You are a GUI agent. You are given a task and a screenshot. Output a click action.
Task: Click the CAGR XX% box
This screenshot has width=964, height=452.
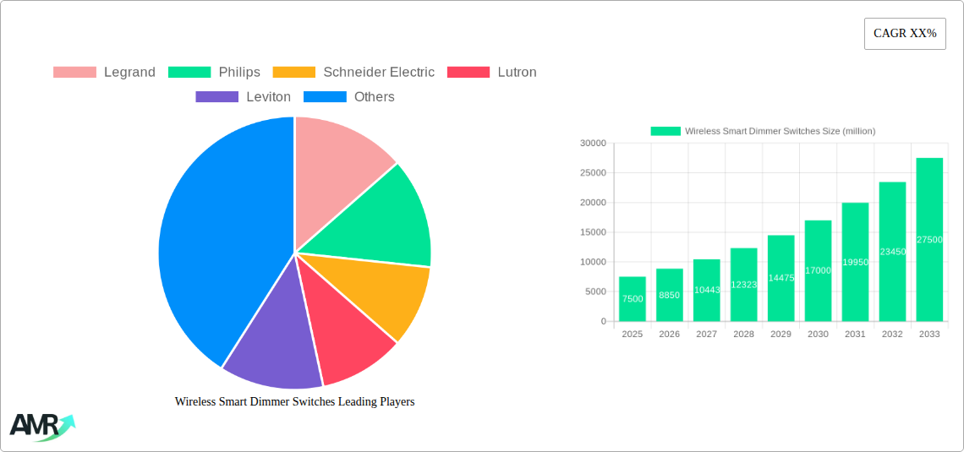click(905, 34)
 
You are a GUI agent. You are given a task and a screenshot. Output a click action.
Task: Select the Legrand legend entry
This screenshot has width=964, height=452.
click(105, 73)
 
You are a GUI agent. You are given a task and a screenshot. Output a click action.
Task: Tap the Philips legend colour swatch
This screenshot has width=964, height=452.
click(189, 73)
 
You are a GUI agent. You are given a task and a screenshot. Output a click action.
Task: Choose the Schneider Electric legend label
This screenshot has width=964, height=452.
click(378, 73)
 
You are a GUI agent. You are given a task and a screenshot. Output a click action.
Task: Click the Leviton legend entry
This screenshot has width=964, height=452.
click(244, 97)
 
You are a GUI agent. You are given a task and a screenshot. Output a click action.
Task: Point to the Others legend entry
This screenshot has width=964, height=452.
click(349, 97)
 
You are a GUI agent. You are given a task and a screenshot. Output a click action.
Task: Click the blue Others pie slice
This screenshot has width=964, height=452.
click(211, 245)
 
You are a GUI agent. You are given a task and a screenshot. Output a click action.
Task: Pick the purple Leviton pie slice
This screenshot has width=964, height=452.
click(271, 346)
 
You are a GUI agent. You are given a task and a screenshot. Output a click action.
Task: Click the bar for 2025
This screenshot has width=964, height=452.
click(633, 299)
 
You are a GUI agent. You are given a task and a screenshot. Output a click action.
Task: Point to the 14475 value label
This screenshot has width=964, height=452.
click(781, 278)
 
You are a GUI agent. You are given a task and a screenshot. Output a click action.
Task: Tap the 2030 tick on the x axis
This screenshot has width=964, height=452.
click(818, 335)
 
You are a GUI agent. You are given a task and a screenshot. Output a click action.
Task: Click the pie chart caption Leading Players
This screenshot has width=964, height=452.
click(294, 402)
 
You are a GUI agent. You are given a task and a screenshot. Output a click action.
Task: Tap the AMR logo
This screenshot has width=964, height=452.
click(41, 427)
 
